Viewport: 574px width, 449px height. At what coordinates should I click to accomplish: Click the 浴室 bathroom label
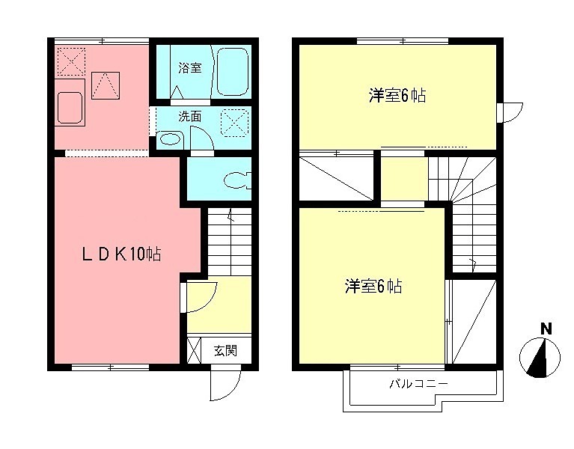(x=189, y=68)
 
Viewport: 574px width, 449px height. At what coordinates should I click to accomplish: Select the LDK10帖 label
(x=121, y=254)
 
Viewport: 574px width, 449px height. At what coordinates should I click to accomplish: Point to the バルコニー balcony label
(x=418, y=384)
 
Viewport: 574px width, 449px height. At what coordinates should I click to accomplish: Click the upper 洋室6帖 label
(x=397, y=95)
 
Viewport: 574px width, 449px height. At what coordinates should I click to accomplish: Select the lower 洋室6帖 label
(x=373, y=286)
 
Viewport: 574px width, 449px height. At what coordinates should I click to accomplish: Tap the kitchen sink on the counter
(x=70, y=109)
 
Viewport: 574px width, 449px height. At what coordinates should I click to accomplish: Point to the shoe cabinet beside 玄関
(x=193, y=350)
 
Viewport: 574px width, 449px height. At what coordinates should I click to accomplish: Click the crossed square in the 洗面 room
(x=234, y=121)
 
